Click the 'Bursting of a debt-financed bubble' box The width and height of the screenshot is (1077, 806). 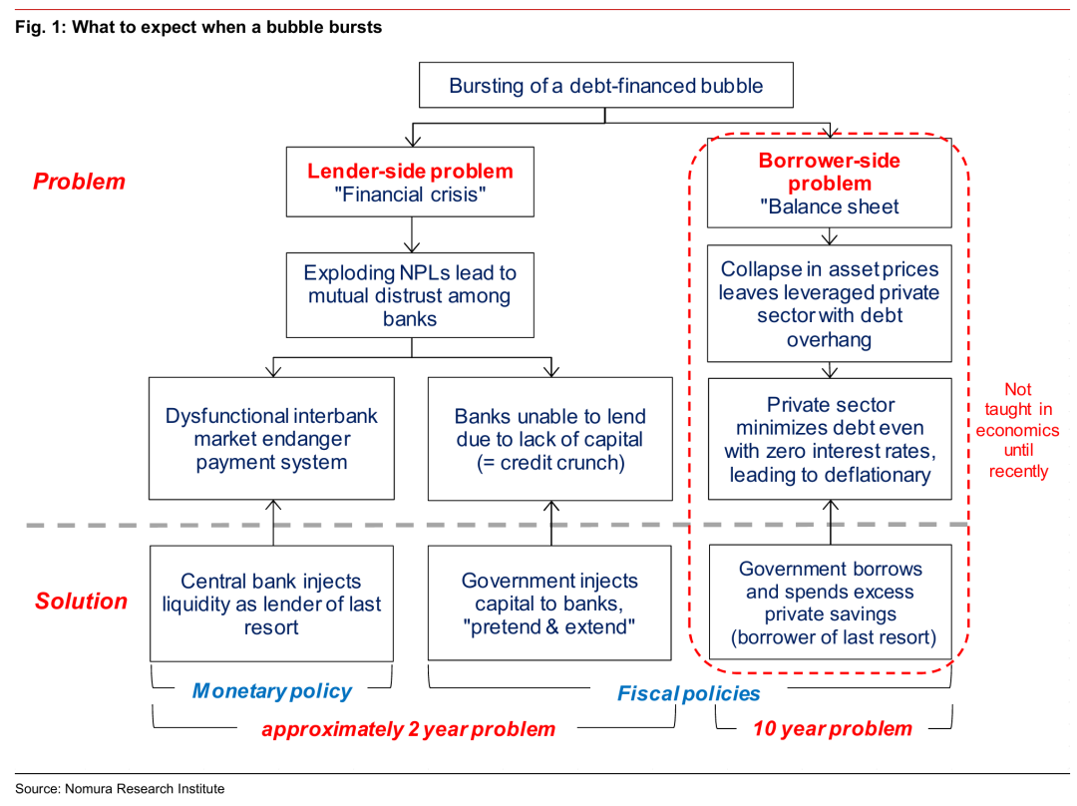[606, 85]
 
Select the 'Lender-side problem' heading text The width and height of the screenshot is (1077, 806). [410, 172]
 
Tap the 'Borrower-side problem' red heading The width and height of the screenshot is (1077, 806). [829, 172]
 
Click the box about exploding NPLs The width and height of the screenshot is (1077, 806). [410, 295]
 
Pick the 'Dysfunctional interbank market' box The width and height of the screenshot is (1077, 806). [271, 438]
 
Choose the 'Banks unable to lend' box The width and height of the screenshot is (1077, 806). [550, 438]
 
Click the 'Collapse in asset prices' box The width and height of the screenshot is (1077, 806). [829, 303]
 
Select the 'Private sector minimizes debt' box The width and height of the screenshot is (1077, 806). [830, 438]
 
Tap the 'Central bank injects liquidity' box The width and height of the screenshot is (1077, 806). [271, 604]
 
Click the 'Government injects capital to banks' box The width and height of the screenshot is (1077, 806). [549, 603]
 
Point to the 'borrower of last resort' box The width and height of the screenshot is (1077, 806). [831, 602]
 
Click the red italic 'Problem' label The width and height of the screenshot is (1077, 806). [79, 182]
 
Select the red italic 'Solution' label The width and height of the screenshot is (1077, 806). [81, 602]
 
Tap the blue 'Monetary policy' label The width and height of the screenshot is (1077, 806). [272, 690]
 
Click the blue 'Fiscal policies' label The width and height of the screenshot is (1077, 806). [688, 693]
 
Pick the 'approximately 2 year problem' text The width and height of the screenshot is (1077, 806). [408, 729]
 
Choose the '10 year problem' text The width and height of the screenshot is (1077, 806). [833, 728]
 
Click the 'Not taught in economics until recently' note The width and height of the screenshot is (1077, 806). [1018, 430]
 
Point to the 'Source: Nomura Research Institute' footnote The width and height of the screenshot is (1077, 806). [120, 789]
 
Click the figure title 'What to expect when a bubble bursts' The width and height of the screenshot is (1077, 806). [226, 28]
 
